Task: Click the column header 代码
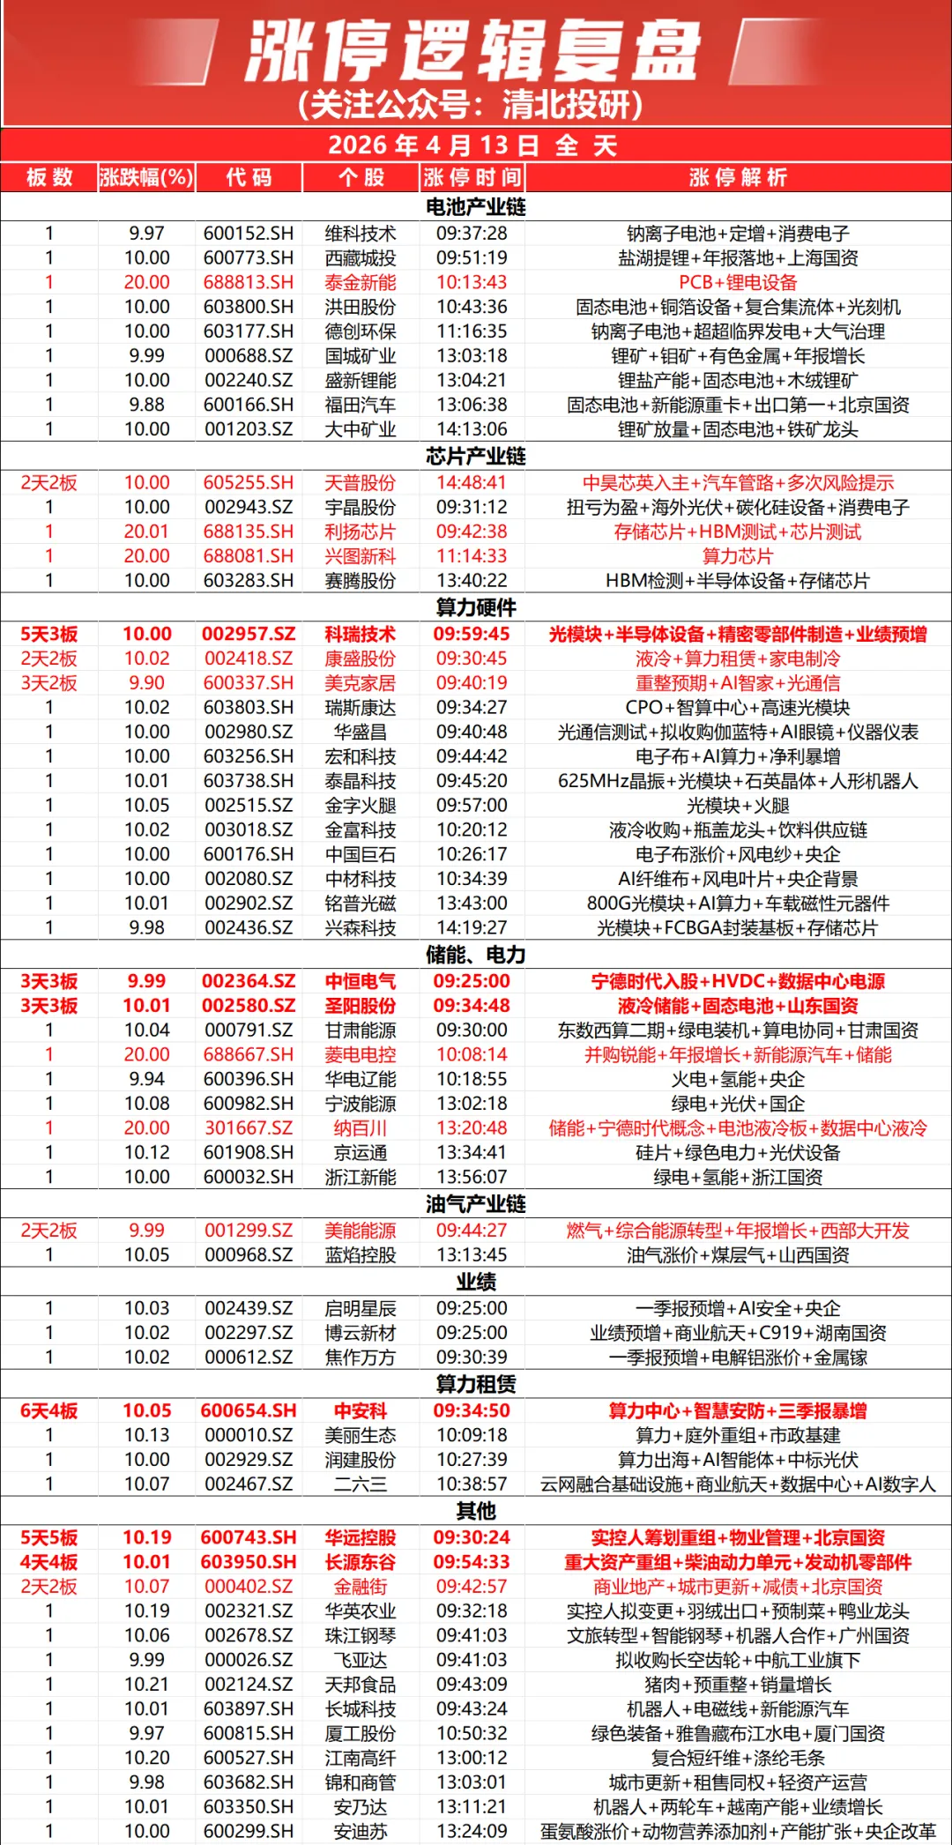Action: [x=249, y=178]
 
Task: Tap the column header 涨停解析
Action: [x=738, y=178]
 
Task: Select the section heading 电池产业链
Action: [x=475, y=207]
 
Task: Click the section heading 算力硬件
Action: [x=475, y=608]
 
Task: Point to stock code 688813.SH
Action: [x=249, y=283]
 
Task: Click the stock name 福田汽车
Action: [x=361, y=405]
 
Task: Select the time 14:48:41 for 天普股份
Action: [x=472, y=483]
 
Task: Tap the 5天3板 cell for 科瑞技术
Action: [x=49, y=635]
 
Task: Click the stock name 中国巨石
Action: [x=361, y=855]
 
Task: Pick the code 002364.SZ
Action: [x=249, y=982]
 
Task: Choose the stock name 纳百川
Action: [x=361, y=1129]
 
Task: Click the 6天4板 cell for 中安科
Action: [x=49, y=1411]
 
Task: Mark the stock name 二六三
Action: [x=361, y=1484]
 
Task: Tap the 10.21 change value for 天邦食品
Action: [x=146, y=1685]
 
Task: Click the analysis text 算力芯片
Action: [x=738, y=556]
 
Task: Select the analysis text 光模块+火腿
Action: [x=738, y=806]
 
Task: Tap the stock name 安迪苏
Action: [x=361, y=1831]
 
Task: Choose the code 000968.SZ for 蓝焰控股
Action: [x=249, y=1255]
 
